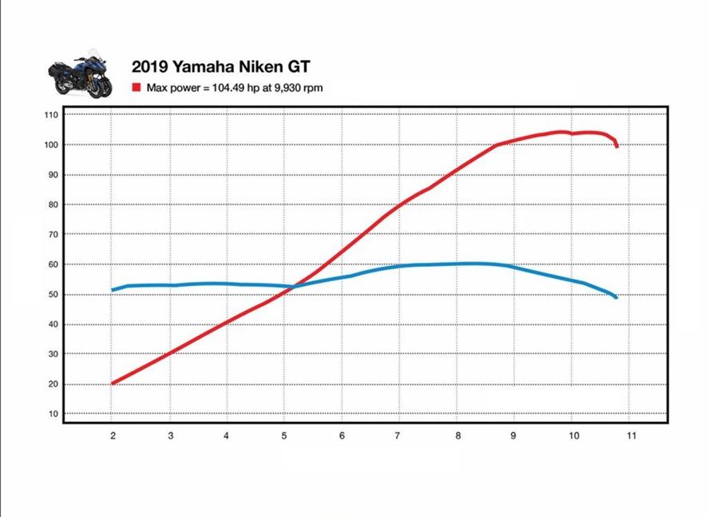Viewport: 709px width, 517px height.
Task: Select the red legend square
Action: (x=137, y=87)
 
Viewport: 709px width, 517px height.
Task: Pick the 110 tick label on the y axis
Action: (x=52, y=115)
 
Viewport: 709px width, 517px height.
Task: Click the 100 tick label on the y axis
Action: (x=52, y=145)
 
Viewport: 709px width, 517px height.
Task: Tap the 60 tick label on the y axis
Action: (x=53, y=264)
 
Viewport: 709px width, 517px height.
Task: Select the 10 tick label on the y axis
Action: (x=53, y=414)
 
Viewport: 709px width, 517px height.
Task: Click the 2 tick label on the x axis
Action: (x=113, y=435)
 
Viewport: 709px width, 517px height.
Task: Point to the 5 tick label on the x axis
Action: (x=284, y=435)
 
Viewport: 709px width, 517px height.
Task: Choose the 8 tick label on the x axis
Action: (x=457, y=435)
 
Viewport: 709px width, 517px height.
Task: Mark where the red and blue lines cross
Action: (x=294, y=286)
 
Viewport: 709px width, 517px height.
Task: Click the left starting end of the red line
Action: (x=113, y=384)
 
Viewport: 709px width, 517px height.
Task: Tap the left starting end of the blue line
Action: (x=113, y=290)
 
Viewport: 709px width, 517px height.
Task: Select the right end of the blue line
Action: (x=616, y=297)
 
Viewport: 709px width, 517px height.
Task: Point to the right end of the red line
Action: (x=616, y=146)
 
